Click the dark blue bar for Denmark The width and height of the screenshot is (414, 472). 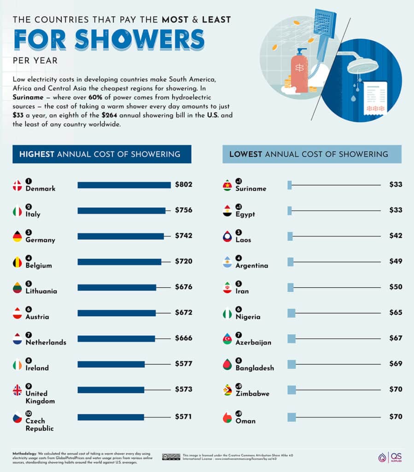coord(124,185)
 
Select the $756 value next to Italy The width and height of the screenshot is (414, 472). coord(183,210)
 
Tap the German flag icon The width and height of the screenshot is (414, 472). coord(17,236)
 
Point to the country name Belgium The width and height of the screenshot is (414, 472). coord(39,265)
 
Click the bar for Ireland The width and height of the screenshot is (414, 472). coord(111,364)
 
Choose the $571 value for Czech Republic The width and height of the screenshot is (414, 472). coord(183,417)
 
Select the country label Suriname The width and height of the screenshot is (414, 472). coord(251,189)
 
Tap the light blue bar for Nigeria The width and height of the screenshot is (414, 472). coord(291,313)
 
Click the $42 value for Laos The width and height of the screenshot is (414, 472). coord(396,236)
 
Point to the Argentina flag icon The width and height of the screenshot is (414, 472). coord(227,262)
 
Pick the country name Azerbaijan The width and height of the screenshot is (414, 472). coord(253,342)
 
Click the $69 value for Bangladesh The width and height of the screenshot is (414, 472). coord(396,364)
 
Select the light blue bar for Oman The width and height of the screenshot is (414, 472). coord(291,417)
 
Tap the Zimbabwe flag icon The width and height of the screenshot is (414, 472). coord(227,390)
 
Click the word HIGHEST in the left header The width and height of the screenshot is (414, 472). coord(36,154)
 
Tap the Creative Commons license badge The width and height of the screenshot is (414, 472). coord(170,457)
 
